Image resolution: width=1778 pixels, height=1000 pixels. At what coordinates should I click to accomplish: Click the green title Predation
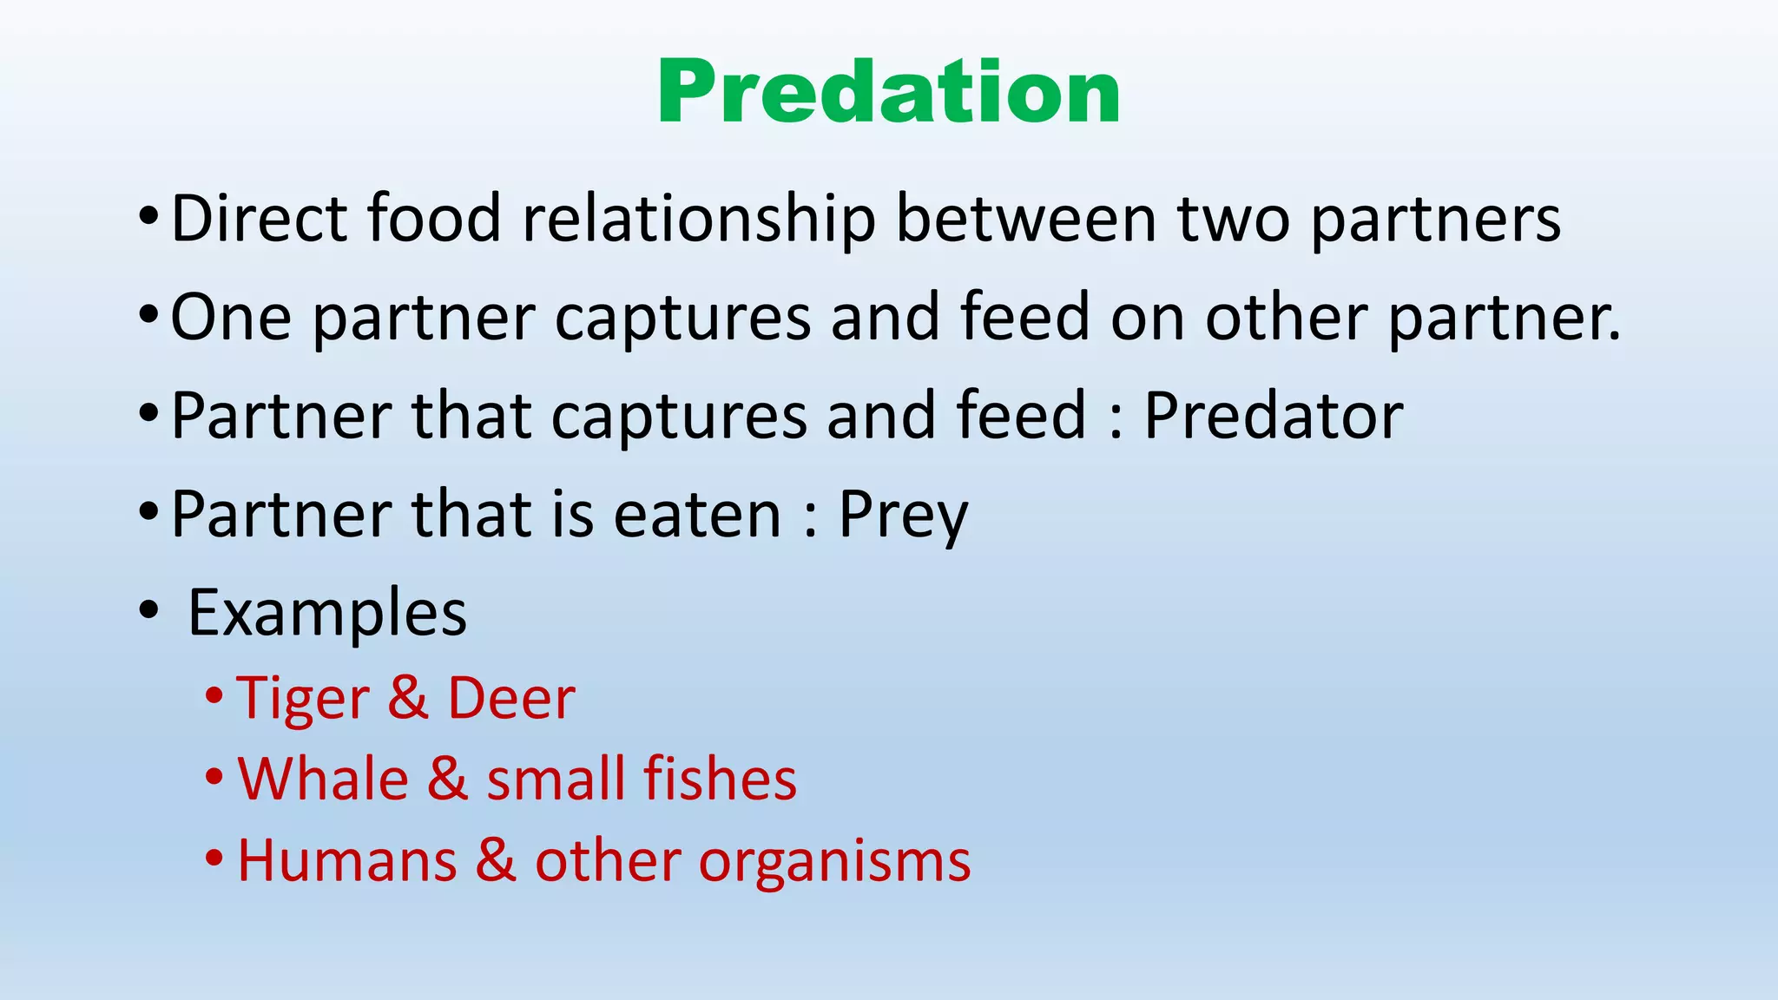click(x=888, y=92)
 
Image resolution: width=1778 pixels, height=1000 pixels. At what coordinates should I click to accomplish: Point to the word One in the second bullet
click(x=231, y=318)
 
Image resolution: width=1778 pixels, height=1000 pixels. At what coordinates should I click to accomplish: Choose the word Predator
click(x=1273, y=416)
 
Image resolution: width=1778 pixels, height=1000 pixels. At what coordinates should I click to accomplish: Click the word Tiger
click(x=302, y=700)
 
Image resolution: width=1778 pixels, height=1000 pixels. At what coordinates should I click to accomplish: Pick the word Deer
click(x=510, y=698)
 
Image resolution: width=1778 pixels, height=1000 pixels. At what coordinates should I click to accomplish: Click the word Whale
click(x=323, y=779)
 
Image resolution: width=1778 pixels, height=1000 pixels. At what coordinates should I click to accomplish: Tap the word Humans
click(x=347, y=861)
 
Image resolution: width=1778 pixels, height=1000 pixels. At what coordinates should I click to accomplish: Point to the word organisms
click(x=834, y=863)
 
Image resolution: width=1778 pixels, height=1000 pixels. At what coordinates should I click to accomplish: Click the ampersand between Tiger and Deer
click(x=408, y=698)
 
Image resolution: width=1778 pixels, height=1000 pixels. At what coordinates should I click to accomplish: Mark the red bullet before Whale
click(x=214, y=777)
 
